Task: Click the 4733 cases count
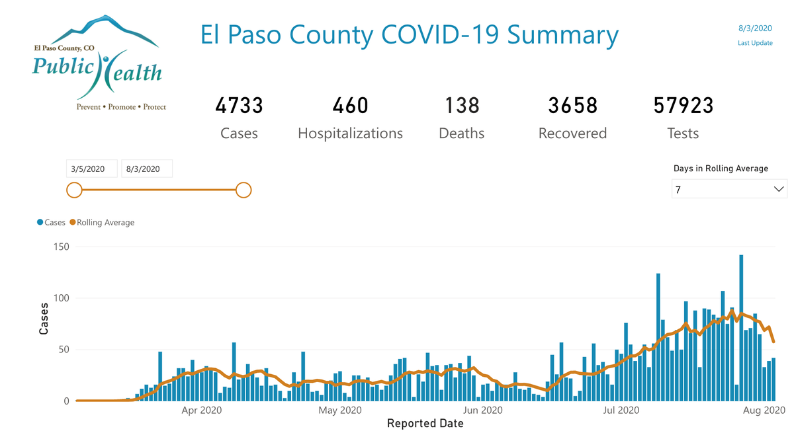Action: [239, 106]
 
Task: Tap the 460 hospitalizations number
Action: [350, 106]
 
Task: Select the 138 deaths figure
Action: [461, 106]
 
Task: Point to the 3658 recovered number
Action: [572, 106]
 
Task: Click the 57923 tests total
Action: [683, 106]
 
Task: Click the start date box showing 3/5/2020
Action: [92, 169]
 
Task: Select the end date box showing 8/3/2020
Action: [147, 169]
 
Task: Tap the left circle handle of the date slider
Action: [74, 190]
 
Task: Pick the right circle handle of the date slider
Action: [243, 190]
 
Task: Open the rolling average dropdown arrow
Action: [778, 190]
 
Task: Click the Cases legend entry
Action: [52, 223]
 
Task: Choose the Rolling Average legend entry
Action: [102, 223]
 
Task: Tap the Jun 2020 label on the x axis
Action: [483, 411]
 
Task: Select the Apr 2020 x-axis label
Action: [200, 411]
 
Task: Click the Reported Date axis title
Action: [425, 423]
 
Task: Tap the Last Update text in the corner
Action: [755, 44]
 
